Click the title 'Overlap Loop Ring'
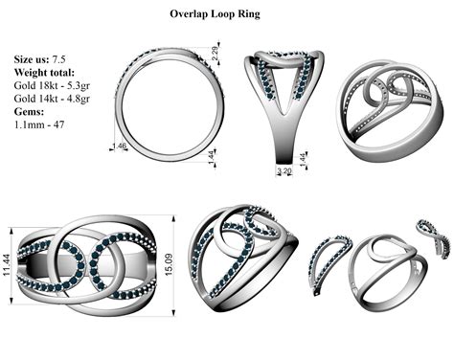tap(227, 15)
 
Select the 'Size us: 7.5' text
tap(45, 59)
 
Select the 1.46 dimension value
tap(120, 146)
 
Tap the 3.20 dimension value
tap(283, 171)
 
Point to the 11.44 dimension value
tap(9, 258)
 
